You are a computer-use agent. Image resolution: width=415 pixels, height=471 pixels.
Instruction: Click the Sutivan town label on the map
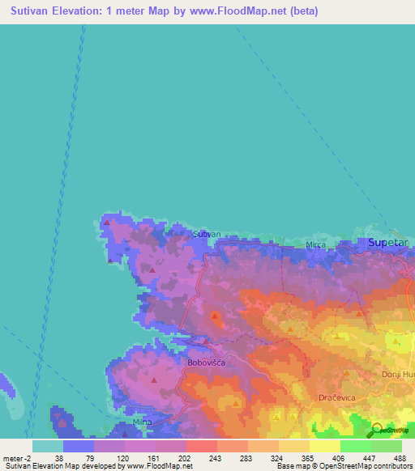pos(207,234)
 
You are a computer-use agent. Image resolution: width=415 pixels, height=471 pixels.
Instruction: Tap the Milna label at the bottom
pos(142,423)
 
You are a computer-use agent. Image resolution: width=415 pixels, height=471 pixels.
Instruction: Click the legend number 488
pos(400,457)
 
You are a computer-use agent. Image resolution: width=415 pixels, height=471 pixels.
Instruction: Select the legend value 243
pos(216,457)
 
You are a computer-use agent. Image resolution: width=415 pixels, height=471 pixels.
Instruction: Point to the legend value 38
pos(58,457)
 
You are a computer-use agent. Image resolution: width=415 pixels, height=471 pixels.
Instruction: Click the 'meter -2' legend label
pos(15,457)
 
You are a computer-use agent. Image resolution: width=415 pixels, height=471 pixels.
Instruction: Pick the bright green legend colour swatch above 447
pos(355,446)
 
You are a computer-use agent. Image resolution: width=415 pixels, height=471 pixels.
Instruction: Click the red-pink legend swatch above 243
pos(201,446)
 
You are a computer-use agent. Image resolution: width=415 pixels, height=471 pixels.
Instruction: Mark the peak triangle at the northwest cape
pos(106,221)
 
